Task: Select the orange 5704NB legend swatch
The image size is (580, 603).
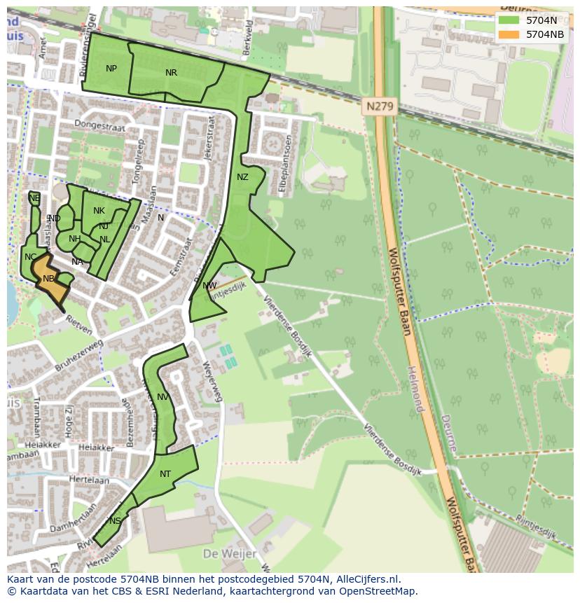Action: point(509,34)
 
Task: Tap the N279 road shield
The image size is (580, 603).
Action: point(380,107)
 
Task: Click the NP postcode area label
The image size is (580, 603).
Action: point(111,68)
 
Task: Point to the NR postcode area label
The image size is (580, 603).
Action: point(171,72)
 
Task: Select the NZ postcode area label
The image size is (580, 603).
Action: point(242,177)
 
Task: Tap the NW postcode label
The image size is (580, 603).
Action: point(209,286)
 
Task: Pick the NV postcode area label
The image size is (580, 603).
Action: point(163,397)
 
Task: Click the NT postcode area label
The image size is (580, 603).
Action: point(165,474)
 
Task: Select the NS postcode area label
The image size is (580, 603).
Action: point(115,520)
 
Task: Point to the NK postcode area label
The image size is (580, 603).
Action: point(99,211)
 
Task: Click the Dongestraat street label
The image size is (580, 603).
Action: point(97,127)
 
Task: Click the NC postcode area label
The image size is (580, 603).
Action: point(30,257)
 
